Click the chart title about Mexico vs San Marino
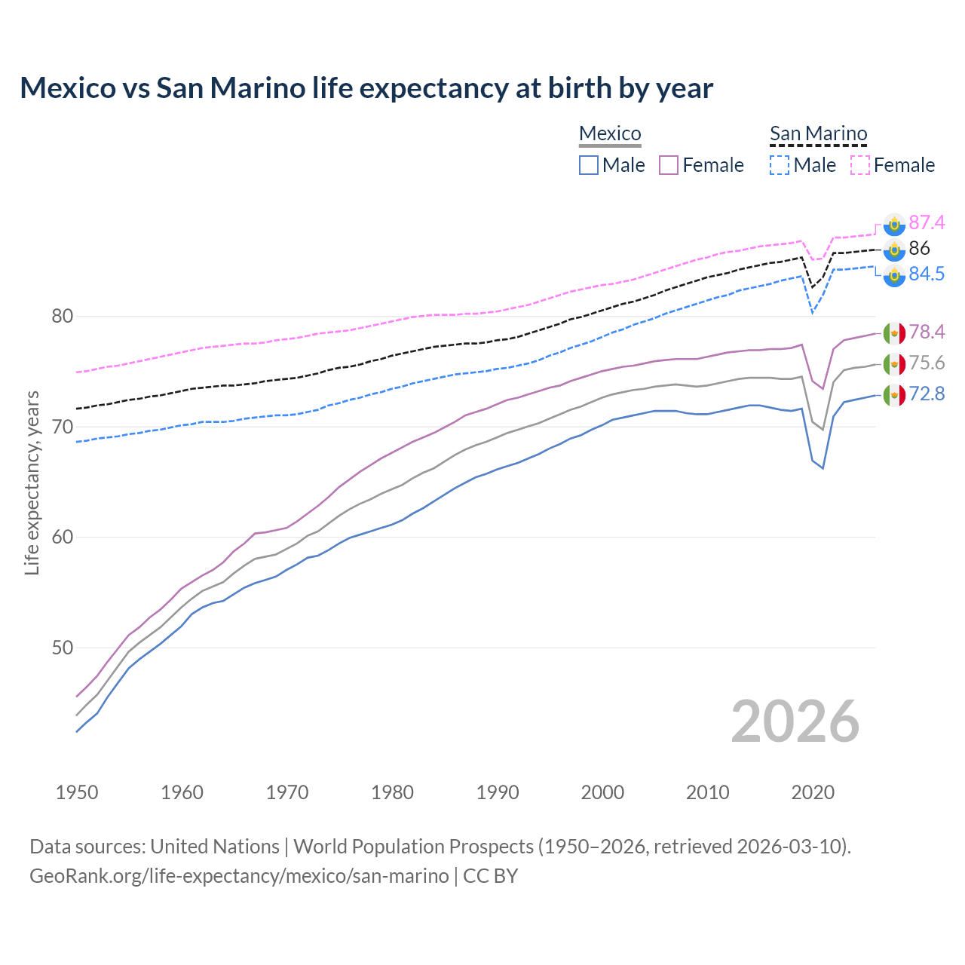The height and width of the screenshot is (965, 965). point(366,88)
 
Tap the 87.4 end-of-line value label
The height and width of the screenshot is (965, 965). point(927,222)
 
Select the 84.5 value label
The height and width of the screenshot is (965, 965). point(927,274)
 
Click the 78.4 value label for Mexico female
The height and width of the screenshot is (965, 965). point(927,332)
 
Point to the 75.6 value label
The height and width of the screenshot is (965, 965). point(927,363)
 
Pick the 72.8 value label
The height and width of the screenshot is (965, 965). point(927,394)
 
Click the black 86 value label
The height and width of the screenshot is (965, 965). point(919,248)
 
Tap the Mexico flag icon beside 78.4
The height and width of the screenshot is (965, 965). point(894,332)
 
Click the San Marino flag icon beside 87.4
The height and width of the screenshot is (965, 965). point(894,223)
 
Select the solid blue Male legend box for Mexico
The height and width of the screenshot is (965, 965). point(589,165)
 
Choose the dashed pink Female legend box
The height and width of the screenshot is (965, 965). point(860,165)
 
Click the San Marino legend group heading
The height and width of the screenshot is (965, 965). point(818,134)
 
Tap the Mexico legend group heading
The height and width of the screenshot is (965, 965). point(610,134)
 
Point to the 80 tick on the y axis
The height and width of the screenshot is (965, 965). point(62,317)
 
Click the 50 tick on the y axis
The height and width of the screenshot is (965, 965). point(62,648)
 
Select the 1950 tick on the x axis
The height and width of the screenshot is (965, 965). point(77,792)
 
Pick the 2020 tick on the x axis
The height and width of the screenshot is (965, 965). point(813,792)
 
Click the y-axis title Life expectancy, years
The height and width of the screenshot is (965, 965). point(32,482)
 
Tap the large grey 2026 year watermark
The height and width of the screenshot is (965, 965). point(795,721)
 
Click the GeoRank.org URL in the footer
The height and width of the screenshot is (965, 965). point(239,876)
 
